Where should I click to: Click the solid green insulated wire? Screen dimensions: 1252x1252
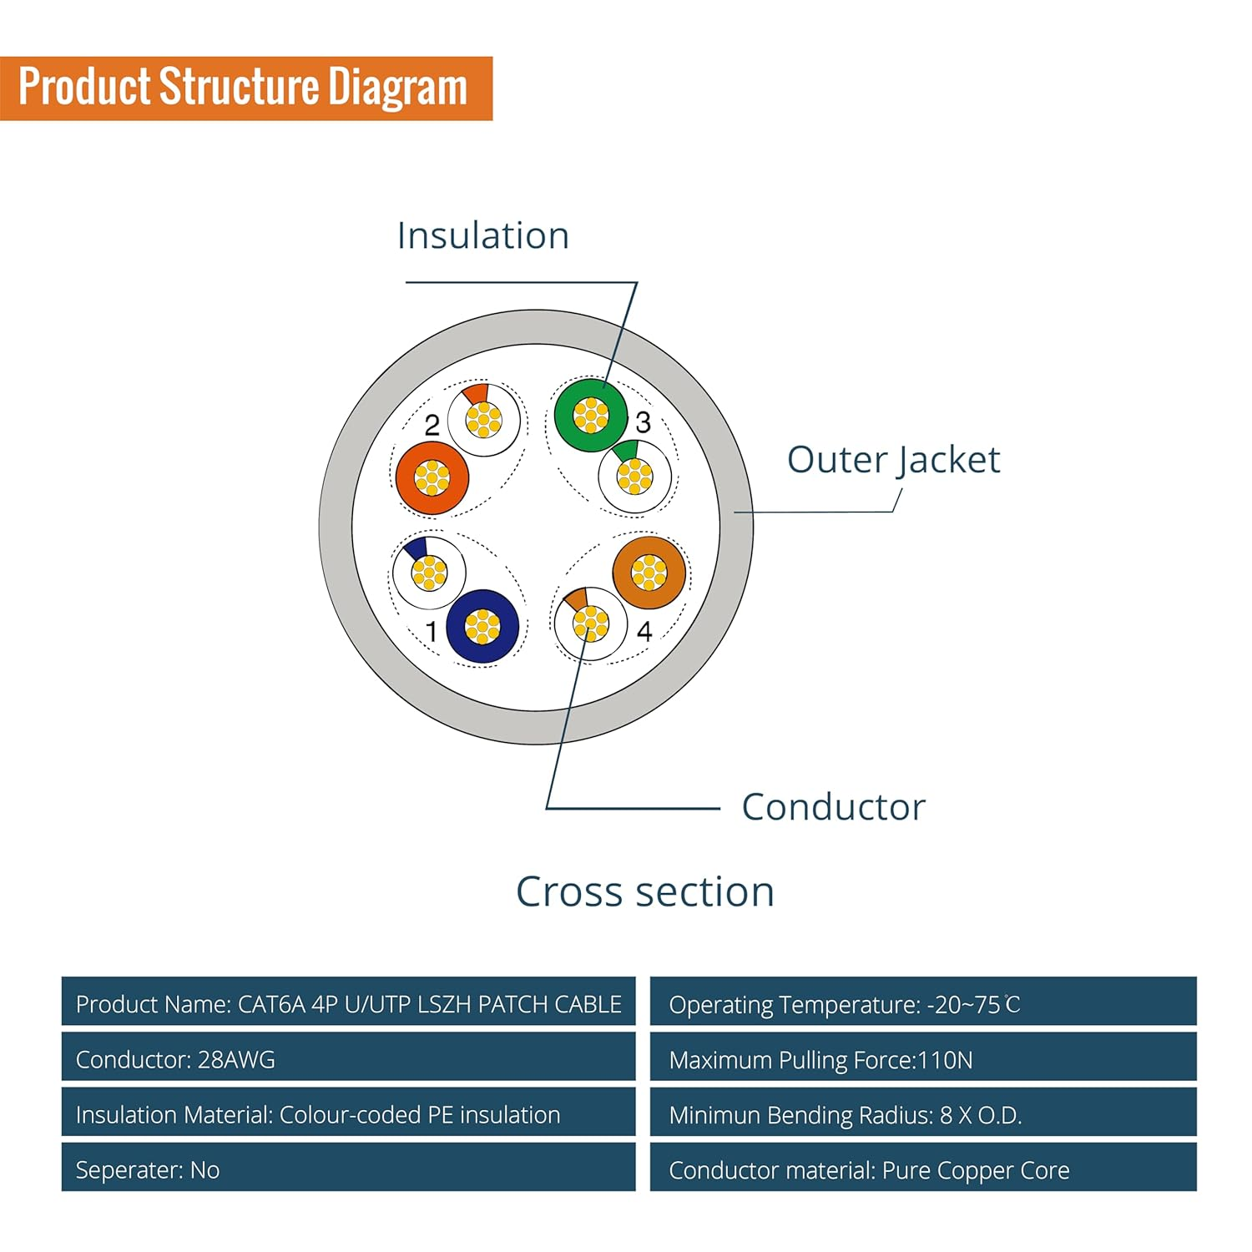coord(590,415)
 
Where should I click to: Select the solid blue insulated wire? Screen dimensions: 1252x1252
coord(482,627)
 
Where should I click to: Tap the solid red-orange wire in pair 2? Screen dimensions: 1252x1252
coord(432,477)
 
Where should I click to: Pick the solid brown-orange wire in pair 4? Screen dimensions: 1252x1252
coord(649,573)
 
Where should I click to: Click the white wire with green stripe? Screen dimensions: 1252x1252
coord(634,477)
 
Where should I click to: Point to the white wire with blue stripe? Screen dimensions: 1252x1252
coord(429,573)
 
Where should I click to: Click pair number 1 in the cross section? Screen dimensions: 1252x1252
coord(432,632)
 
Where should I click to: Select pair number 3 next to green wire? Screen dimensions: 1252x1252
coord(643,422)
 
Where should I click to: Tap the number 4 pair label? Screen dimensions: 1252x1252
coord(644,632)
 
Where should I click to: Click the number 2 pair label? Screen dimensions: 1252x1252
coord(432,426)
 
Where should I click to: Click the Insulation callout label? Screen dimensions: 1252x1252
coord(482,235)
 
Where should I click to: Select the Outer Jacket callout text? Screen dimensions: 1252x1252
coord(893,460)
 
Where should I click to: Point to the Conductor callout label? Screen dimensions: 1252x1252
coord(833,807)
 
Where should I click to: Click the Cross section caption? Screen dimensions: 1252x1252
coord(644,891)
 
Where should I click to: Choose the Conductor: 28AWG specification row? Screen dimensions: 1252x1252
coord(347,1059)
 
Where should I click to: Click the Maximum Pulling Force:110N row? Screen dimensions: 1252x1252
coord(922,1059)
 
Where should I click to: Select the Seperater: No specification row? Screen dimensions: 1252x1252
coord(347,1169)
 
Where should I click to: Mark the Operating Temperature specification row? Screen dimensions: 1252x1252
coord(922,1004)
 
